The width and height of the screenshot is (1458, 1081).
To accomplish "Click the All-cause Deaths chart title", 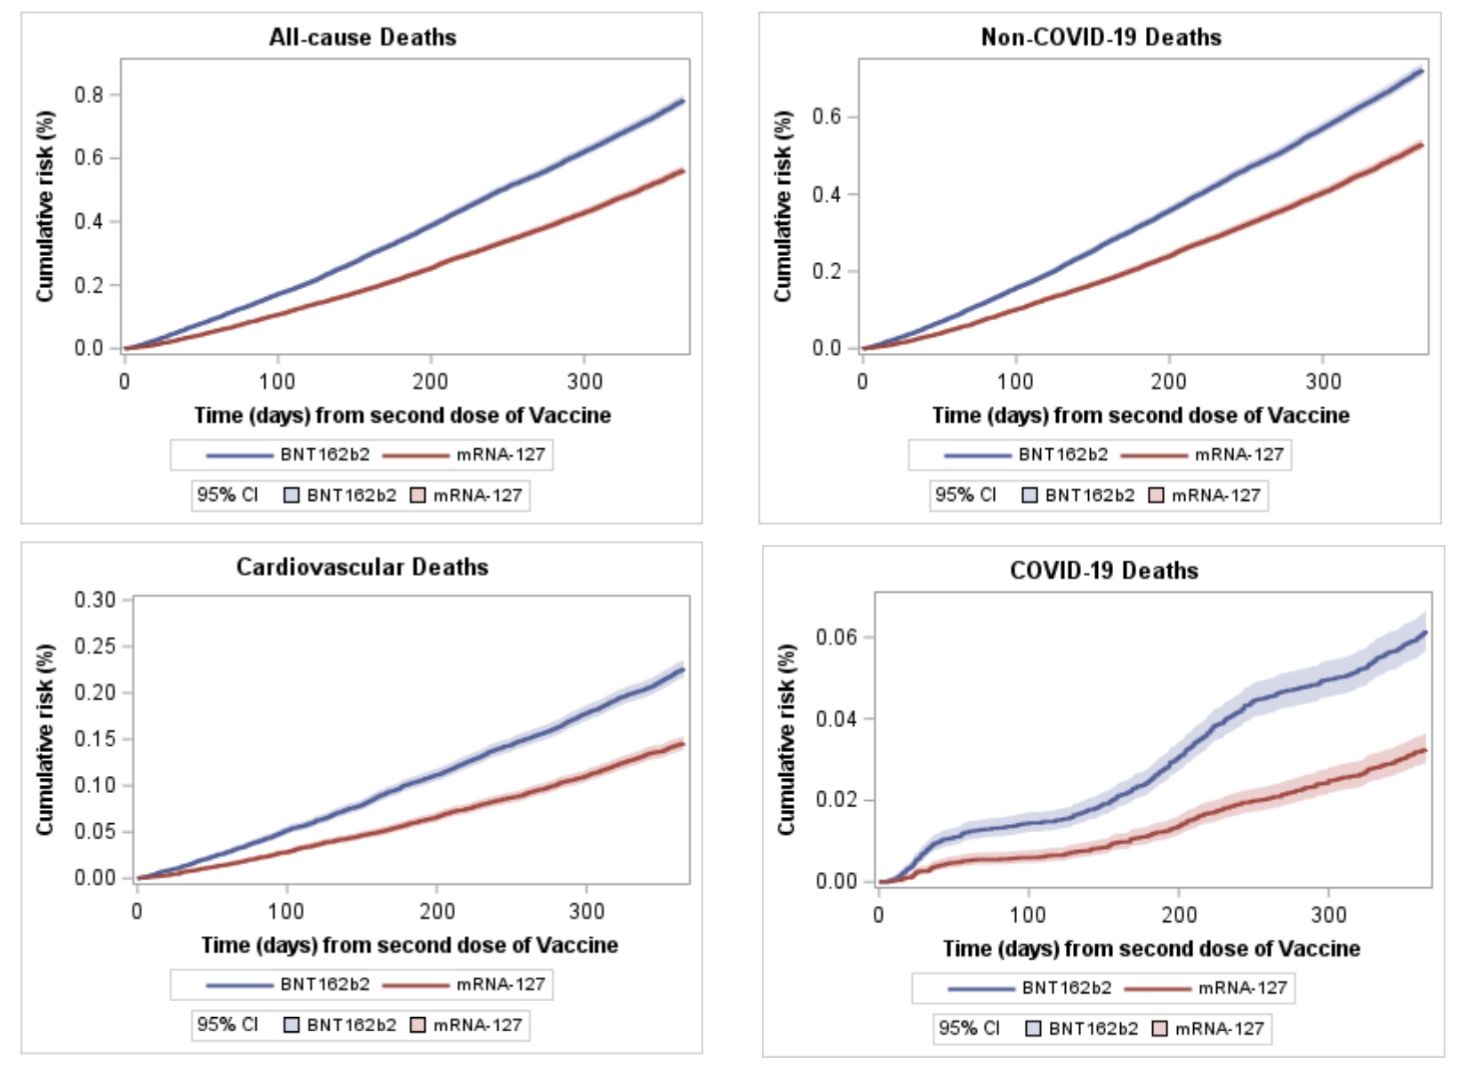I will (x=363, y=37).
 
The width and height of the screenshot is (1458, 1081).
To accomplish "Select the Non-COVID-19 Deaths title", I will (x=1101, y=37).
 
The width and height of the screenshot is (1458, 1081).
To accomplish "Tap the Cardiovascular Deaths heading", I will (x=363, y=567).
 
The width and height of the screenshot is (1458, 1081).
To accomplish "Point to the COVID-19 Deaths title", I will (x=1104, y=571).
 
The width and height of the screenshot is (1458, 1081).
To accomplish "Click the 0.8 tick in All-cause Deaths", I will (x=89, y=95).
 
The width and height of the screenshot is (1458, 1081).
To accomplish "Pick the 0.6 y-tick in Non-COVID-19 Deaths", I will (x=827, y=117).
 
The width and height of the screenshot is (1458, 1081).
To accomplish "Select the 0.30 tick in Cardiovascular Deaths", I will (x=95, y=600).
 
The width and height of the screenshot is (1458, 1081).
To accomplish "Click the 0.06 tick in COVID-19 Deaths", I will (x=837, y=637).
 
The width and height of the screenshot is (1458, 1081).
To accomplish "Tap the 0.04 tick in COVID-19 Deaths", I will (x=837, y=718).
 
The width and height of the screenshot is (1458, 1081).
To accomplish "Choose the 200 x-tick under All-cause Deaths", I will (x=430, y=382).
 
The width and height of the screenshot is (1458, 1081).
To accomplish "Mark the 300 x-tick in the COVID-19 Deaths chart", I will (x=1328, y=915).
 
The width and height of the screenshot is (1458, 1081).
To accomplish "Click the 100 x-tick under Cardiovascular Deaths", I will (x=286, y=911).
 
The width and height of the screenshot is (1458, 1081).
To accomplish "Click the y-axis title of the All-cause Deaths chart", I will (x=45, y=206).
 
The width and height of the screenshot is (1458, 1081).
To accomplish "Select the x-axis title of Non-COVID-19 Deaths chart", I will (x=1141, y=415).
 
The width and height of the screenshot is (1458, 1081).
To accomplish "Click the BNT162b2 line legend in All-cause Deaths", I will (x=288, y=454).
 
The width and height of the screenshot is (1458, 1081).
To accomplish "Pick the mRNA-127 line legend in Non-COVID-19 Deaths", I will (x=1202, y=454).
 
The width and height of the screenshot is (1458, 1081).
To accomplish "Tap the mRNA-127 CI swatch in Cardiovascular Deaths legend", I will (x=419, y=1025).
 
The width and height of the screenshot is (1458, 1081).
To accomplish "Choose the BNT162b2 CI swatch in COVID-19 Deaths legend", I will (x=1033, y=1029).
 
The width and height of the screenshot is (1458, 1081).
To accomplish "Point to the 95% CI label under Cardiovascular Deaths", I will (x=228, y=1025).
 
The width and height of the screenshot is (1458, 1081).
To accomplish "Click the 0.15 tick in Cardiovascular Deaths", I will (x=95, y=739).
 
